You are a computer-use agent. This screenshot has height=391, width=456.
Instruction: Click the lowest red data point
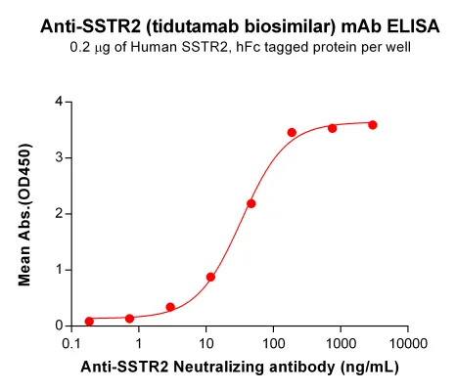click(x=89, y=322)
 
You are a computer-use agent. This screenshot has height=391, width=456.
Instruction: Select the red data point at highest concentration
click(x=373, y=125)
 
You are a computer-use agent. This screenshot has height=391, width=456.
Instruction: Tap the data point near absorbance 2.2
click(x=251, y=203)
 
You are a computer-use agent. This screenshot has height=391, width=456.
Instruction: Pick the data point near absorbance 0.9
click(x=210, y=277)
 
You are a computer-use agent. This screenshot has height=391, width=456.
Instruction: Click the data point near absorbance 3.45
click(x=292, y=132)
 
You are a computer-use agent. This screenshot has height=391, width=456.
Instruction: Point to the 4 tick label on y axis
click(x=59, y=102)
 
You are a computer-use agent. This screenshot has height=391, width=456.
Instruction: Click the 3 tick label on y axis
click(x=59, y=158)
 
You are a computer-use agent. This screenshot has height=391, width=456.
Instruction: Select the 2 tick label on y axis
click(x=59, y=214)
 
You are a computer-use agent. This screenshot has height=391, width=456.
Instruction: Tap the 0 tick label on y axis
click(x=59, y=326)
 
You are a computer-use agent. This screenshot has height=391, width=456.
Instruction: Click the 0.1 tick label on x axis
click(x=71, y=343)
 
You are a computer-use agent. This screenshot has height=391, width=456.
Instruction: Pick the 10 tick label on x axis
click(x=205, y=343)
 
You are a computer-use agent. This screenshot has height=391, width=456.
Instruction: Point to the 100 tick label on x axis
click(x=273, y=343)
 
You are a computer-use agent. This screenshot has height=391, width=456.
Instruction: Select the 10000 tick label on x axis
click(x=407, y=343)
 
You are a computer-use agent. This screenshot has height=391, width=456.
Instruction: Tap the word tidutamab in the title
click(x=196, y=26)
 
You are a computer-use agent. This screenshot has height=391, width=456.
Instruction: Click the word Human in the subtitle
click(x=154, y=48)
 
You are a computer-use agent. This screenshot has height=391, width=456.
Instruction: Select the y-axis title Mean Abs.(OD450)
click(x=24, y=214)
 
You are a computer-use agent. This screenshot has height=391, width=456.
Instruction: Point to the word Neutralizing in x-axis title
click(x=219, y=368)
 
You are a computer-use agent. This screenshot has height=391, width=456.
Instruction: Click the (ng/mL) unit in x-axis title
click(x=370, y=368)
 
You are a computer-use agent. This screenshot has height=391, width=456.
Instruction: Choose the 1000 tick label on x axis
click(x=341, y=343)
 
